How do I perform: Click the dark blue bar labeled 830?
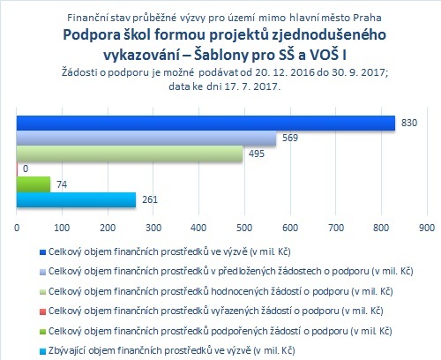coord(206,123)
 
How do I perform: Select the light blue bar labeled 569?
coord(146,139)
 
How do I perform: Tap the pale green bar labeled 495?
coord(130,154)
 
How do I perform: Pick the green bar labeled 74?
coord(34,184)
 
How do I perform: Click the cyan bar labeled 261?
coord(76,200)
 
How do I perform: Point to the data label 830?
coord(409,123)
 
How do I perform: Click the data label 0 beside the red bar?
coord(26,169)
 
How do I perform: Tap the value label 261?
coord(150,199)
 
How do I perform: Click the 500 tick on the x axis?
coord(244,228)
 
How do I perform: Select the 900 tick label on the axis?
coord(427,228)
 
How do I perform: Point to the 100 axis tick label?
coord(62,228)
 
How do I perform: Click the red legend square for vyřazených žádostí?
coord(43,311)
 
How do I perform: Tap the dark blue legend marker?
coord(43,252)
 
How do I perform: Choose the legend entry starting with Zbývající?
coord(172,350)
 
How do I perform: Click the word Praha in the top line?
coord(367,18)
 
